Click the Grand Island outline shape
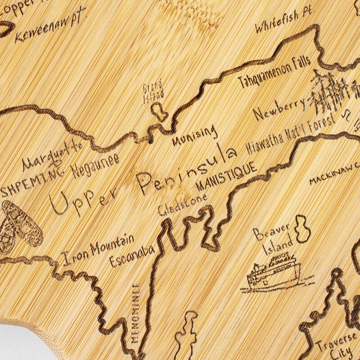(x=158, y=110)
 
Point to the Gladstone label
(x=182, y=205)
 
